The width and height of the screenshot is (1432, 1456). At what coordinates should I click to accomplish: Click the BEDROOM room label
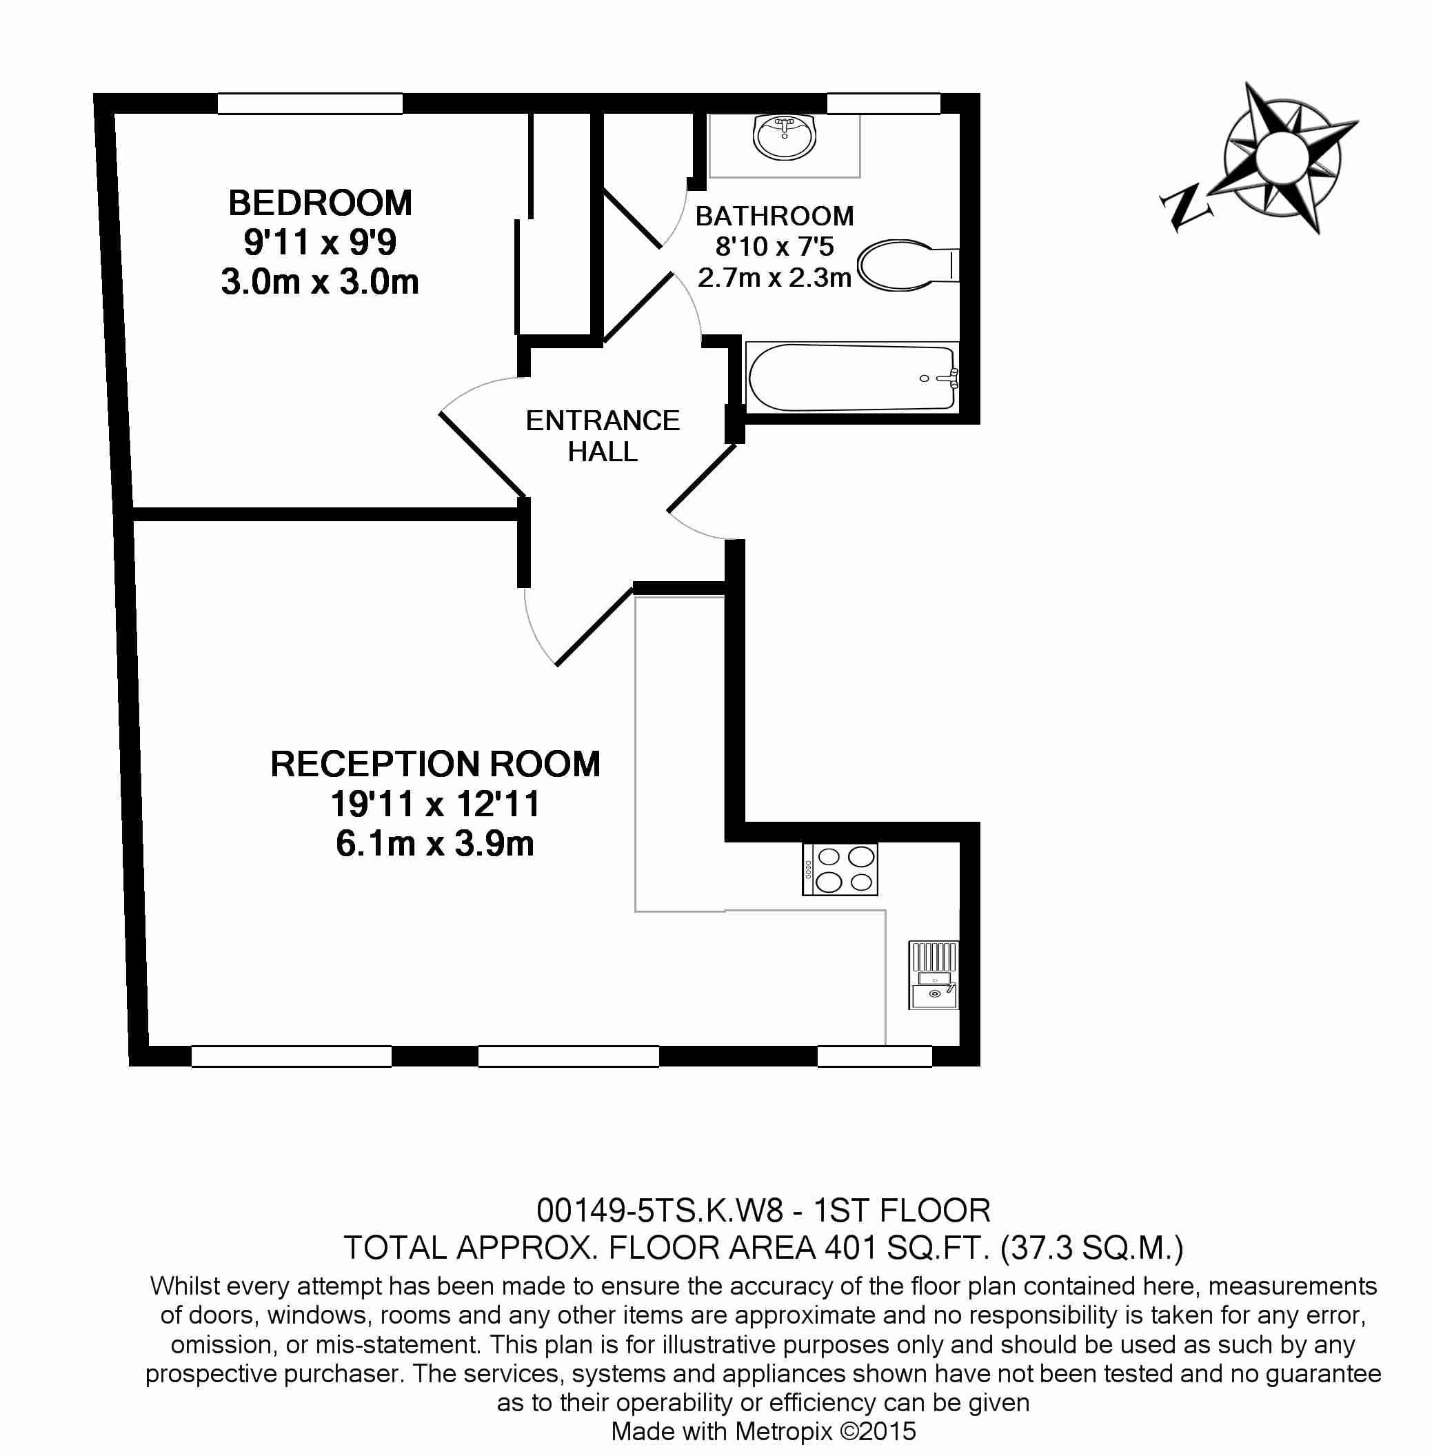[320, 203]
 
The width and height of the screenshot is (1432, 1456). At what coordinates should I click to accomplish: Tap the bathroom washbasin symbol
[785, 137]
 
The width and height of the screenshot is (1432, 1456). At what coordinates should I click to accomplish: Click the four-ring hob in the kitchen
[840, 869]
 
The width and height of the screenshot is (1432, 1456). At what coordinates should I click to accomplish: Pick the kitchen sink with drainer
[934, 975]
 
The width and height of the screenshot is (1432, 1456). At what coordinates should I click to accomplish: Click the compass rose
[1282, 157]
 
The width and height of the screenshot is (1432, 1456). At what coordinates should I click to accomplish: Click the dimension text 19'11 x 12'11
[436, 804]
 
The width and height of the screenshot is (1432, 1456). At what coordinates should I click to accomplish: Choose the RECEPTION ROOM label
[436, 764]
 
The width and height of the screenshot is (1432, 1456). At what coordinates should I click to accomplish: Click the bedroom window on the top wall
[310, 104]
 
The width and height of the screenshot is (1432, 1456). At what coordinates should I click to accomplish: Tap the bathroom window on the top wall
[884, 104]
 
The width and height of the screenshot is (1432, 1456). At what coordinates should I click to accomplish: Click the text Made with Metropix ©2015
[763, 1431]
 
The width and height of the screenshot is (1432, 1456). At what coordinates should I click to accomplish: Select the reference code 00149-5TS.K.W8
[660, 1211]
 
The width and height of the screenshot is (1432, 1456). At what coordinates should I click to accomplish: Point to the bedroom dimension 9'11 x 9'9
[320, 242]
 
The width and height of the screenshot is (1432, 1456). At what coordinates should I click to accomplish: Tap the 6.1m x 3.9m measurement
[436, 844]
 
